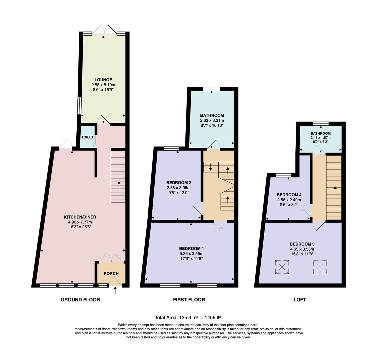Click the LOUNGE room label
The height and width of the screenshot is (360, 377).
pos(103,80)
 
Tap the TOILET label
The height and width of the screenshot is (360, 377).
pos(87,137)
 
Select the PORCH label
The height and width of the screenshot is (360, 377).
pos(111,274)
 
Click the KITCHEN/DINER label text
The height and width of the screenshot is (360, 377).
pos(80,217)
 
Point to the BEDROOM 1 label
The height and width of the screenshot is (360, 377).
pos(191,248)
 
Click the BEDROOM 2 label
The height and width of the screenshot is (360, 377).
pos(179,183)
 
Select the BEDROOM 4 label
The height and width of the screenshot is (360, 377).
pos(289,195)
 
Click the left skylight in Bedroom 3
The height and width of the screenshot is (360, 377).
pos(282,267)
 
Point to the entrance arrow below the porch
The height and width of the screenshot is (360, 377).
pos(116,291)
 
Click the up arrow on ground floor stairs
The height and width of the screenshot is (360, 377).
pos(119,185)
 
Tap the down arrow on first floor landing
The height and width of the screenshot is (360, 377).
pos(211,167)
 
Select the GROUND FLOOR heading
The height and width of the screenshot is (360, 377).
pos(80,300)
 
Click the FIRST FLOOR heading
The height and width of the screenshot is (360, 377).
pos(189,300)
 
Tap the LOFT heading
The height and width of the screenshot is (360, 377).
pos(300,300)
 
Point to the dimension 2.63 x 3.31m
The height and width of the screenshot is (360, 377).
pos(212,120)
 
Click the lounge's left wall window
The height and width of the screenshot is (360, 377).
pos(79,106)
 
